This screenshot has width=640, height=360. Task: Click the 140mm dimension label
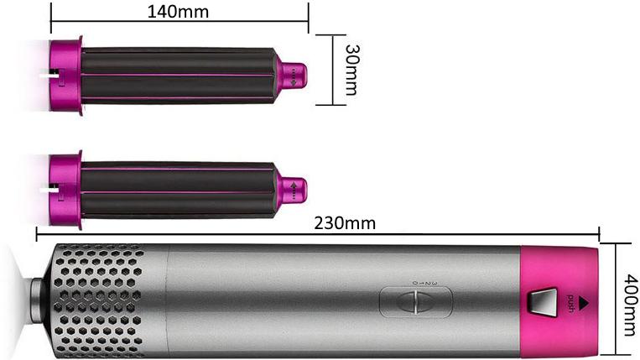[178, 12]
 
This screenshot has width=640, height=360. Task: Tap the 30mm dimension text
[351, 70]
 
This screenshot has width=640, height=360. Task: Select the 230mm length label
[345, 223]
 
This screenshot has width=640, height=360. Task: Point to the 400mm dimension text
[631, 305]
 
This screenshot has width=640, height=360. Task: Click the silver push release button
[543, 302]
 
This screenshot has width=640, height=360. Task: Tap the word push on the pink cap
[570, 303]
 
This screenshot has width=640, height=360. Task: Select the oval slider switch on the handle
[416, 302]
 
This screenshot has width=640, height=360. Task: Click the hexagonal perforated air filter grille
[99, 302]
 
